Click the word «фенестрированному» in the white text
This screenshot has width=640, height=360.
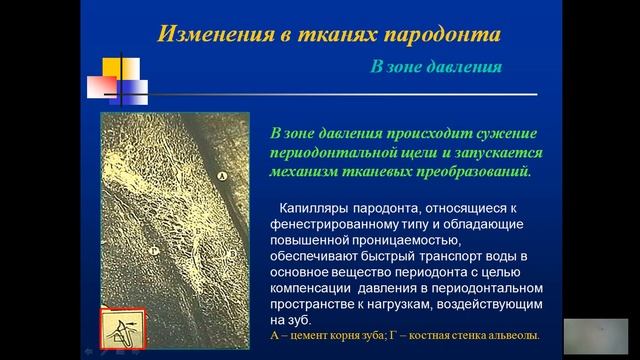pos(333,224)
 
